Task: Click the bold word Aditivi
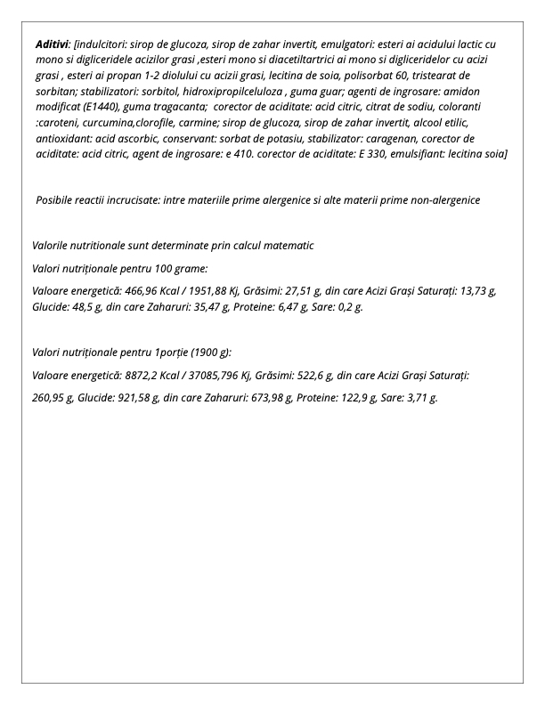[53, 44]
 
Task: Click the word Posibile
[56, 200]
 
